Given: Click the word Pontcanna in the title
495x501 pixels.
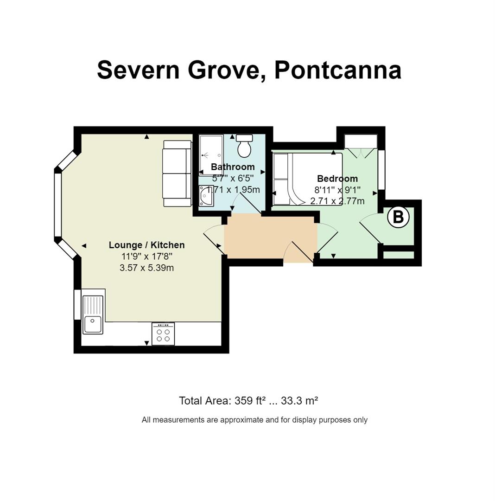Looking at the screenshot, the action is click(338, 71).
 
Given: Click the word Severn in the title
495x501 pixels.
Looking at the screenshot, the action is click(139, 71).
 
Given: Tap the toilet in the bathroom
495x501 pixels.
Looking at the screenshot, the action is click(244, 146).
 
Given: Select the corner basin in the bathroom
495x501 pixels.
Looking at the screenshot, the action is click(206, 196).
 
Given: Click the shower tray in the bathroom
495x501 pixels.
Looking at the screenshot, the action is click(211, 155).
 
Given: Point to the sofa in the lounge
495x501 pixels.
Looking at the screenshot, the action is click(177, 173).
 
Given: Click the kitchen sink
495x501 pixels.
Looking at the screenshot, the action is click(93, 315).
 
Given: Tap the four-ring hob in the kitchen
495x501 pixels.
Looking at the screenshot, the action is click(163, 334).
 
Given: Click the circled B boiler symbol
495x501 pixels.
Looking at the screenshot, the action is click(398, 217).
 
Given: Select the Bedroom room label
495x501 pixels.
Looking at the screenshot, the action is click(337, 179).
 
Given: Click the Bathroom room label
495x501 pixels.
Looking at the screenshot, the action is click(233, 167).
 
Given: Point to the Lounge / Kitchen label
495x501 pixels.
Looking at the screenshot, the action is click(147, 245).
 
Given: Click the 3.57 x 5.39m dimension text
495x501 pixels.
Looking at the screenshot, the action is click(147, 268).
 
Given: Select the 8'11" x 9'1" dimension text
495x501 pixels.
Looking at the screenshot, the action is click(337, 190).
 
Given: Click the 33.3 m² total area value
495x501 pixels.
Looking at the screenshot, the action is click(299, 401).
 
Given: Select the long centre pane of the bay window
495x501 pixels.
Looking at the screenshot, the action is click(58, 205).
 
